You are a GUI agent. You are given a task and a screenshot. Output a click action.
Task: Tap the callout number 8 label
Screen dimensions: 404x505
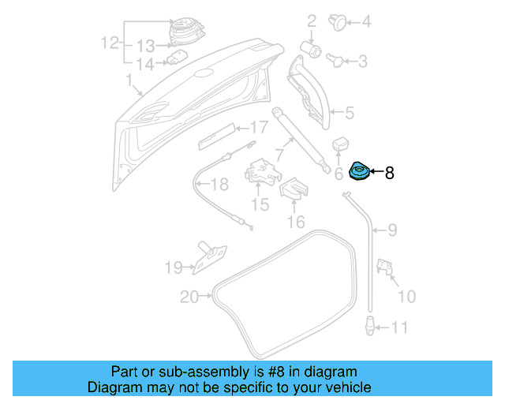(x=389, y=172)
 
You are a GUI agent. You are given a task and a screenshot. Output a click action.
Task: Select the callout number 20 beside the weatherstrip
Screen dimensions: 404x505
(x=189, y=297)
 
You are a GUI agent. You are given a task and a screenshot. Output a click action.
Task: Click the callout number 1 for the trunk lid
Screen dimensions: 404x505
(x=129, y=80)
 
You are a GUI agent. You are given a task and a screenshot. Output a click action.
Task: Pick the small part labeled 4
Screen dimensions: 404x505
(x=337, y=22)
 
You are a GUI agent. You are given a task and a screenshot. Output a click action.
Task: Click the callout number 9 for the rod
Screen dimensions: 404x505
(x=391, y=231)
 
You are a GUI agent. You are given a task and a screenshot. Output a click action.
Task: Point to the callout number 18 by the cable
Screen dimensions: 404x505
(x=219, y=185)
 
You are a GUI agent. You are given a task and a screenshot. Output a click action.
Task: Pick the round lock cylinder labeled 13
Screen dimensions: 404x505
(x=187, y=30)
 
